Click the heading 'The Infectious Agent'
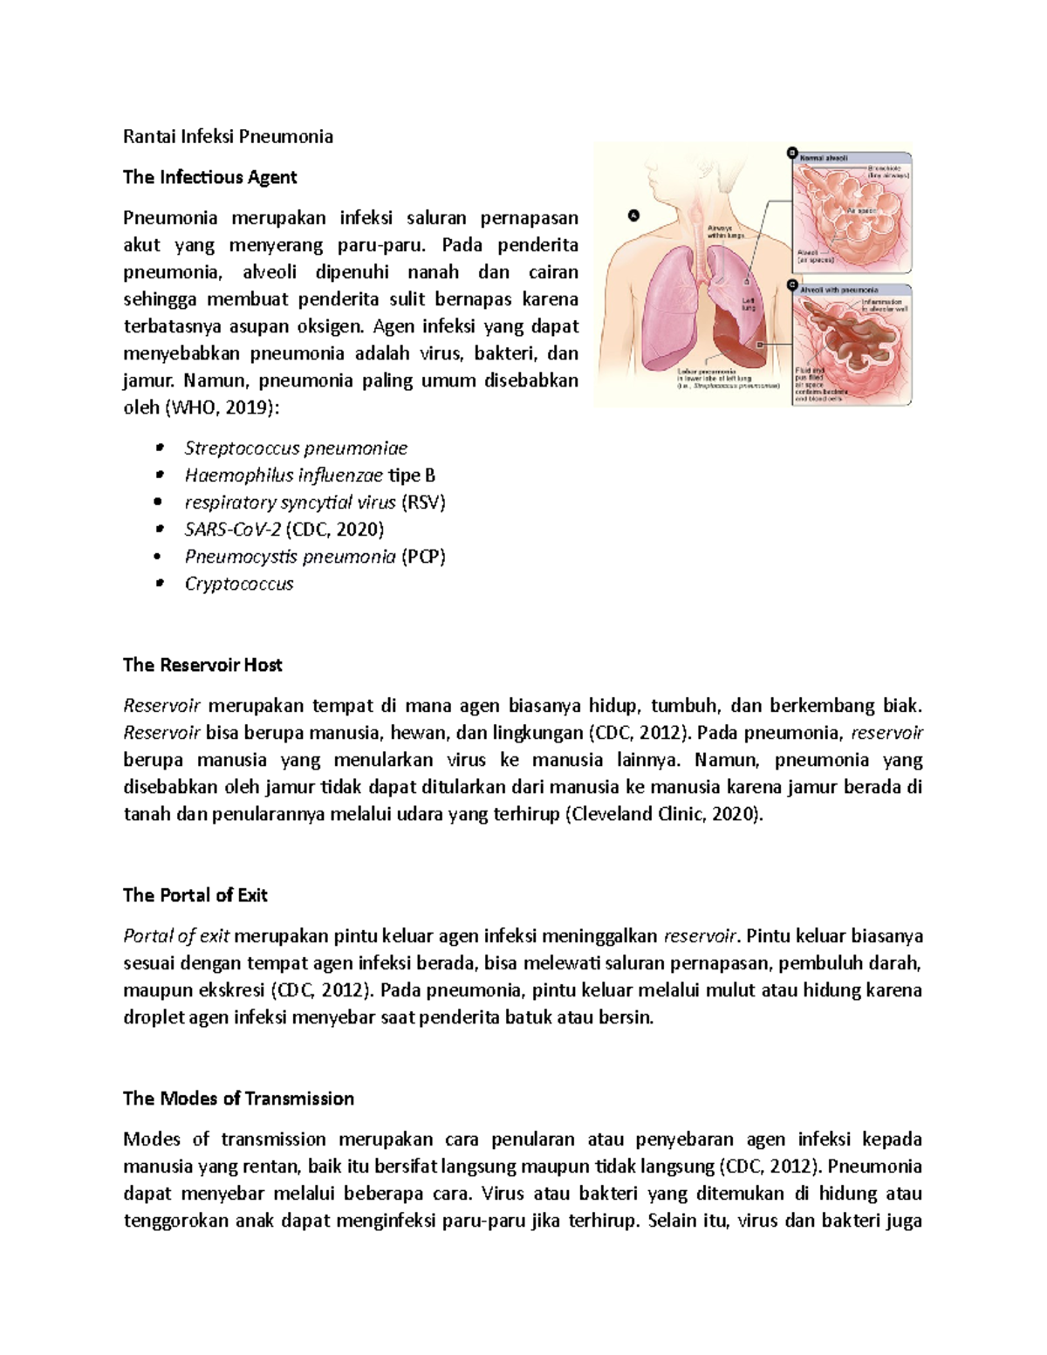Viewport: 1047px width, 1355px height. [x=209, y=177]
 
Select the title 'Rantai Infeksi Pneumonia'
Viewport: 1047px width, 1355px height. [x=228, y=136]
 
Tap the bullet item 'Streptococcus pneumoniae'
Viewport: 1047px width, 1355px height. [x=296, y=448]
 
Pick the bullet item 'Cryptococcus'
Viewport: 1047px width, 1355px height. [x=239, y=584]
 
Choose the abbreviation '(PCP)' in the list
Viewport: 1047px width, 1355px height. [x=423, y=557]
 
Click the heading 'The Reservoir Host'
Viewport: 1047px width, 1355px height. [x=202, y=665]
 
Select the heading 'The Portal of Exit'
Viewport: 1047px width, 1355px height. [x=195, y=895]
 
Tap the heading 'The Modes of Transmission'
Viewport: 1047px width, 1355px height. [x=238, y=1098]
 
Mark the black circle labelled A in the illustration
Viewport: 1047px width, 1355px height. [x=634, y=215]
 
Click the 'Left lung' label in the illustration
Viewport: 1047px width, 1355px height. [x=749, y=304]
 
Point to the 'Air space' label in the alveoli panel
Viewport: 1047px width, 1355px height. [x=863, y=211]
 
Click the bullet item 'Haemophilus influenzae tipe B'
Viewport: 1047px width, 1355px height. [x=310, y=476]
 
